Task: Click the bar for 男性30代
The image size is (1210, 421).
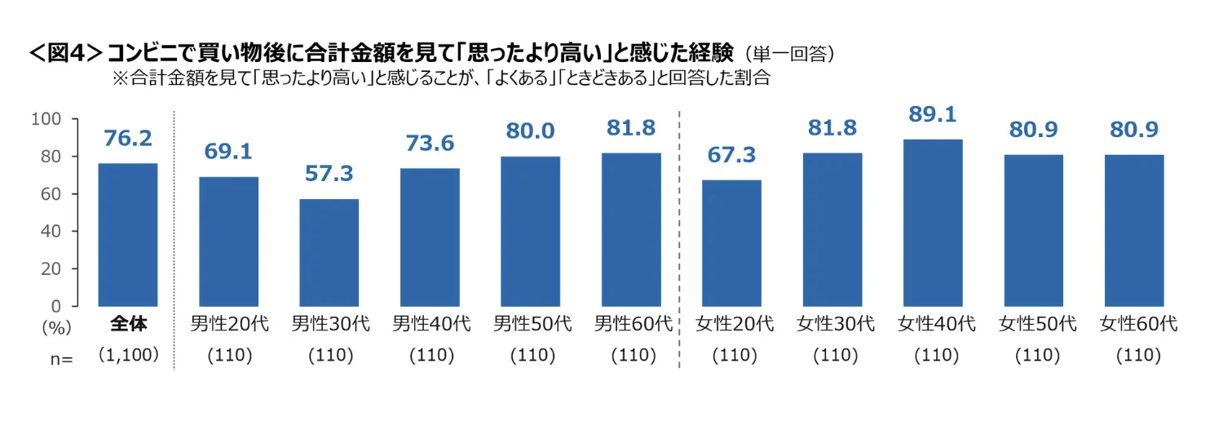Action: tap(330, 253)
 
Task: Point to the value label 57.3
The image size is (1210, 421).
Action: tap(330, 175)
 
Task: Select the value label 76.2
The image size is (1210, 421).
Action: tap(128, 139)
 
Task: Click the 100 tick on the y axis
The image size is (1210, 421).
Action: tap(46, 119)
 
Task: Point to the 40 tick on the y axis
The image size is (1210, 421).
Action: tap(51, 231)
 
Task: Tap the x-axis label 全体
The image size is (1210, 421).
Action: tap(128, 324)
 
